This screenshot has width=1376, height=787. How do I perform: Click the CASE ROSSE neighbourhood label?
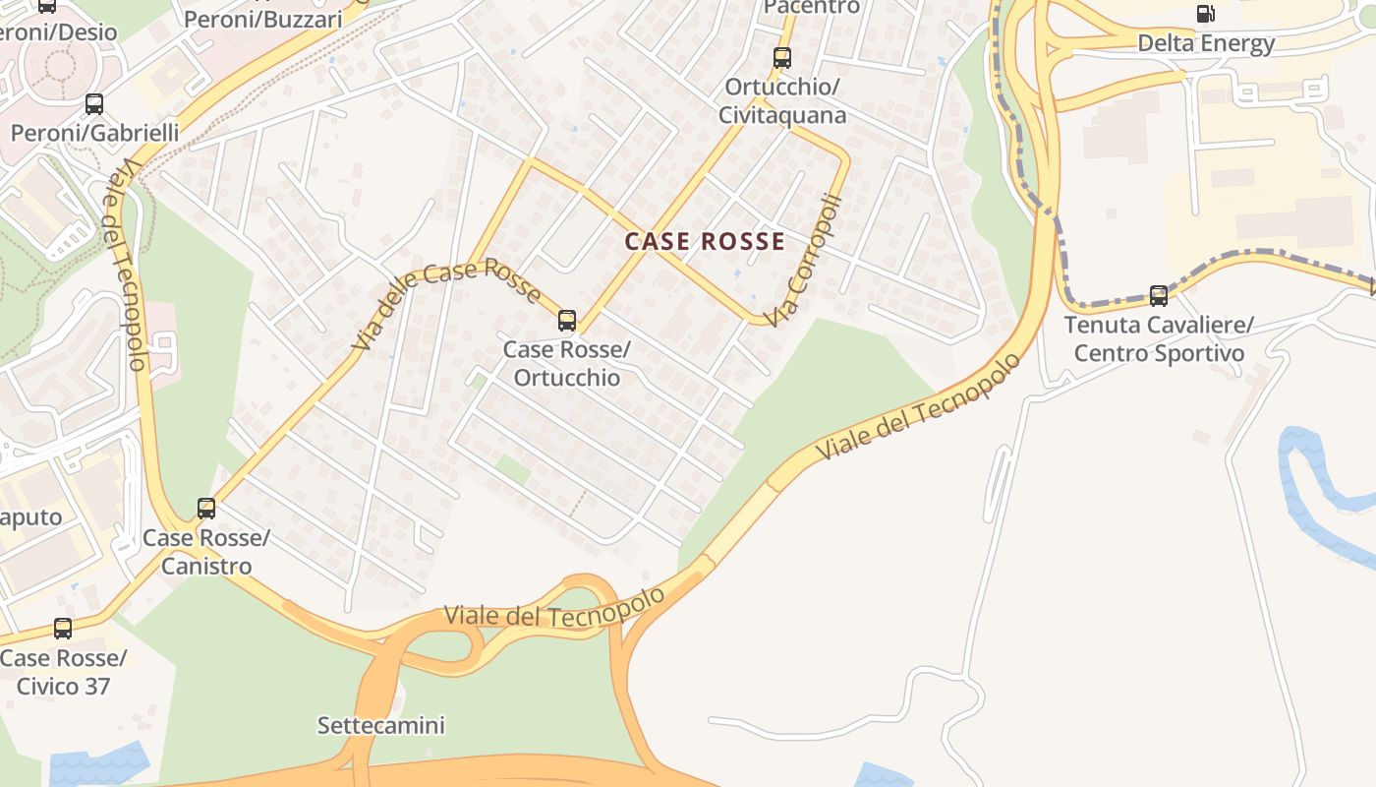click(705, 241)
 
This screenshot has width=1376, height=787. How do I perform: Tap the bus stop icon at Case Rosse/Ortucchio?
click(567, 320)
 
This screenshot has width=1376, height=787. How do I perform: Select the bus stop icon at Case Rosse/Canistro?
click(206, 508)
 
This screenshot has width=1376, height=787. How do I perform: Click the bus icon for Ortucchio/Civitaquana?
click(782, 58)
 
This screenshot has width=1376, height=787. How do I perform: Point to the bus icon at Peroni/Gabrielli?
click(94, 103)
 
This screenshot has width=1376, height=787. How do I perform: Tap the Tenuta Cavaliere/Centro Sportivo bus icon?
click(1159, 295)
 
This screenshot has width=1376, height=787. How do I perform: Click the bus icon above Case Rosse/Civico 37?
click(63, 628)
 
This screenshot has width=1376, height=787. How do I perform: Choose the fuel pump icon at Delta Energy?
click(1205, 14)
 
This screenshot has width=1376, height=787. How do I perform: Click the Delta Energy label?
click(1206, 43)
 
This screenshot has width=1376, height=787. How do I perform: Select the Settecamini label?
click(380, 726)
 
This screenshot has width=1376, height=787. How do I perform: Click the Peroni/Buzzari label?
click(263, 19)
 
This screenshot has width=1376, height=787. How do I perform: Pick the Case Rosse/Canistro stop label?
click(205, 552)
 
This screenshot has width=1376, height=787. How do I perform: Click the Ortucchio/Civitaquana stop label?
click(782, 100)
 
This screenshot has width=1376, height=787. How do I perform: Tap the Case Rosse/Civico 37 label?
click(63, 672)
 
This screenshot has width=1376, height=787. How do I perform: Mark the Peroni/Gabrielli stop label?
click(94, 132)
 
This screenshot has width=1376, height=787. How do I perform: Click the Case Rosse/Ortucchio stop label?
click(567, 364)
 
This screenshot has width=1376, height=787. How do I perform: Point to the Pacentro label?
click(812, 7)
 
